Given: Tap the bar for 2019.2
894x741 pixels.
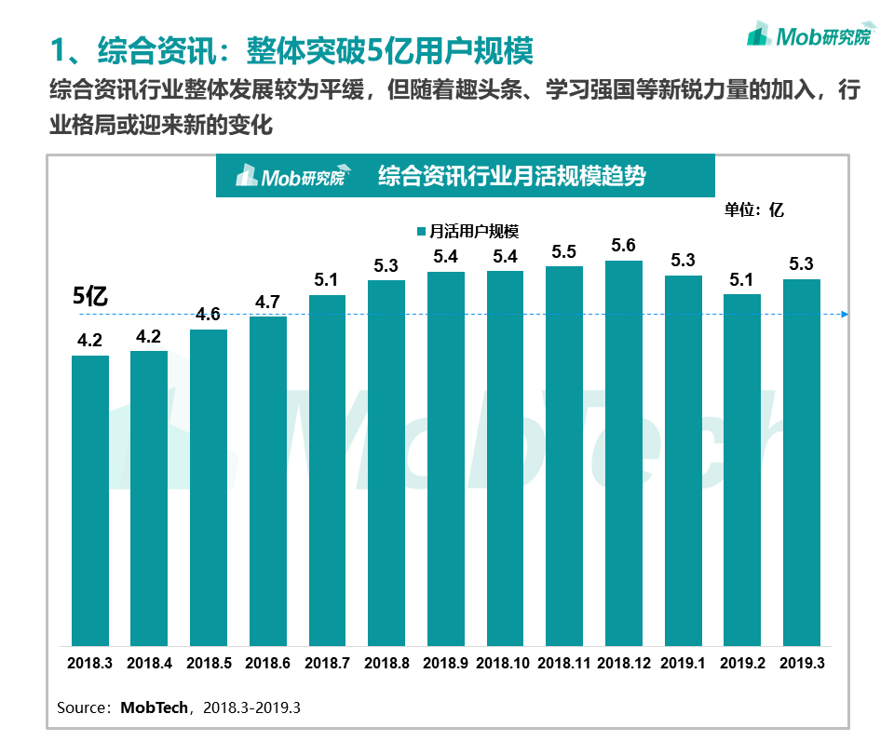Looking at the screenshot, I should click(x=742, y=469).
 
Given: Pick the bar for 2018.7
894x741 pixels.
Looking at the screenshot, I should click(x=327, y=470).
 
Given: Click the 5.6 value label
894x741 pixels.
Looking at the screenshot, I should click(x=624, y=246).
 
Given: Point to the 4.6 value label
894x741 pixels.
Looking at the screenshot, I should click(x=208, y=315).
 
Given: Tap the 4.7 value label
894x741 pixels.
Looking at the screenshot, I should click(x=267, y=302).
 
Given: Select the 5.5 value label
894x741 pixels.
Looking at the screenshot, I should click(x=564, y=251).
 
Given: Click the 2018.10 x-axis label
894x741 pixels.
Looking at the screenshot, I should click(x=505, y=663).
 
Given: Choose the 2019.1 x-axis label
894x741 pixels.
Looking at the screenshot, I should click(x=683, y=663).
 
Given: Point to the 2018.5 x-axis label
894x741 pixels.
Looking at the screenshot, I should click(x=209, y=663).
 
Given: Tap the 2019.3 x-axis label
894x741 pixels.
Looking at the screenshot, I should click(x=802, y=663).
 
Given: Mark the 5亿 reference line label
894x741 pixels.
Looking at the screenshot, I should click(x=91, y=297).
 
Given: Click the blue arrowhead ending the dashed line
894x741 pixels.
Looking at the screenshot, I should click(x=844, y=315).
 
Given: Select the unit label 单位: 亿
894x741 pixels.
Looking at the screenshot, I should click(x=754, y=209).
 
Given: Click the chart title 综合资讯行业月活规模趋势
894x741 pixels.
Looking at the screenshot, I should click(x=511, y=176).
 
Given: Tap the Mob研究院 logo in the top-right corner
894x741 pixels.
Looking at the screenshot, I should click(x=811, y=35).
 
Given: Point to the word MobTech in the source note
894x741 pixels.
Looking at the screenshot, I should click(x=154, y=707).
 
